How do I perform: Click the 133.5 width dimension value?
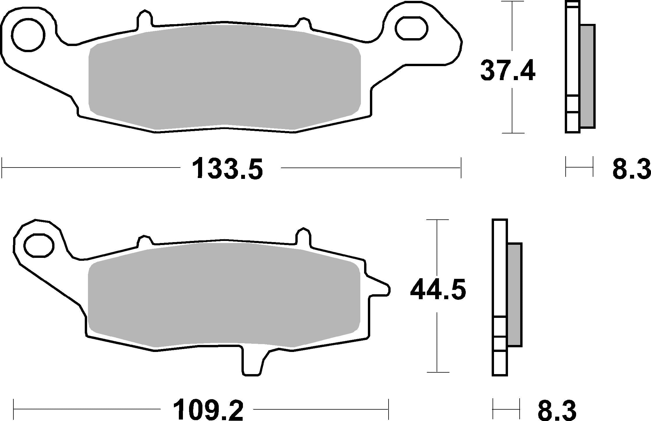(227, 168)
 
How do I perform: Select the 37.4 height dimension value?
(507, 70)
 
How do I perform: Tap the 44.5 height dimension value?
(438, 290)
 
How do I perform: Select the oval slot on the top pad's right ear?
(412, 28)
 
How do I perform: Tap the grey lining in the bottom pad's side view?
(514, 294)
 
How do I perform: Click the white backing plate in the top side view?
(572, 58)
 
